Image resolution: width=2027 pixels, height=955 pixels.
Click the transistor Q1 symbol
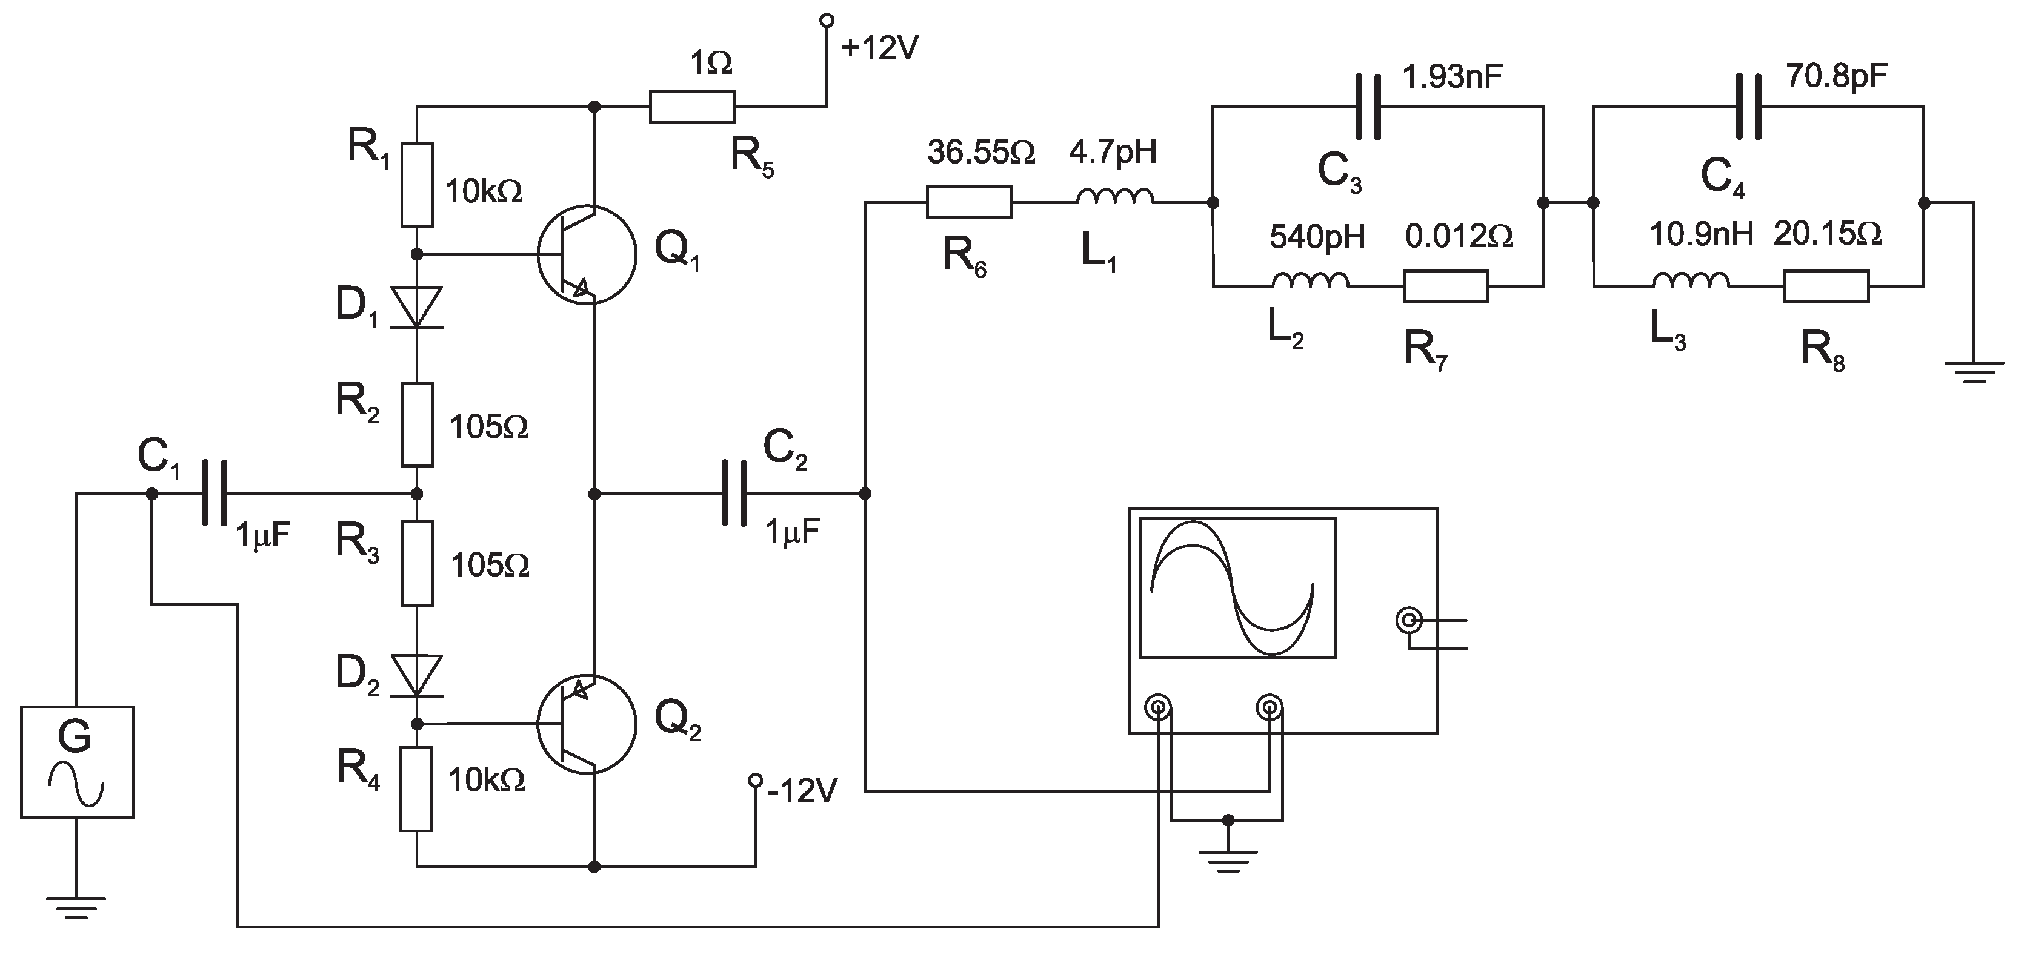(586, 254)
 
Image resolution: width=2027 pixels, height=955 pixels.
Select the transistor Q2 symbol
(586, 724)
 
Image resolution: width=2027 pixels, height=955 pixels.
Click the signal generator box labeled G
(77, 761)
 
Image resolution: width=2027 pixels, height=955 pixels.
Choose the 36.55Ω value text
(980, 153)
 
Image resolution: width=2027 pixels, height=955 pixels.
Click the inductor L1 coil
(1114, 197)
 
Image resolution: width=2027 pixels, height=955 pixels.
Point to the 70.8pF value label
(1836, 76)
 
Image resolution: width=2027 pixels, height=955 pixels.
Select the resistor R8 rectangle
(1826, 286)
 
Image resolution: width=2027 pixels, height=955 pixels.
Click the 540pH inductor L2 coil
(1310, 281)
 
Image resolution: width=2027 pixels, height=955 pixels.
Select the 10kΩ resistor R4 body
(416, 789)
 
